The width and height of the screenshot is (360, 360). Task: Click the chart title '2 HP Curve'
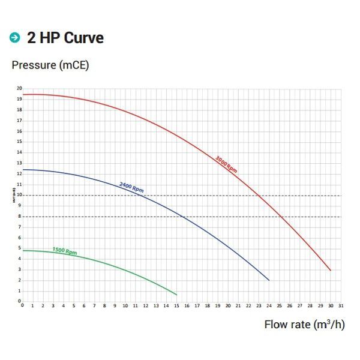click(x=65, y=38)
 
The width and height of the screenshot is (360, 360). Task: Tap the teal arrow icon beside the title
click(x=14, y=38)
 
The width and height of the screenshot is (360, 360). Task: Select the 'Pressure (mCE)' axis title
click(x=50, y=65)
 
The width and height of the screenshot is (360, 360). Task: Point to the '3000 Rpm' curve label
click(x=226, y=164)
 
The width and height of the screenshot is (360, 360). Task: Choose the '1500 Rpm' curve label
click(x=64, y=251)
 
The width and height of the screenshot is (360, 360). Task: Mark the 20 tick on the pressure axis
click(x=19, y=88)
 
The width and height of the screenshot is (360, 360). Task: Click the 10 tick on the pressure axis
click(x=19, y=195)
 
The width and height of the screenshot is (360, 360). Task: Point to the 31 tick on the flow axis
click(x=340, y=305)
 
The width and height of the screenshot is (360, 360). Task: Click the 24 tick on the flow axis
click(x=269, y=305)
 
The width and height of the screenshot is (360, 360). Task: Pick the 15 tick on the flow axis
click(x=176, y=305)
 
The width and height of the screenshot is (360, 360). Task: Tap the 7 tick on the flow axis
click(x=94, y=305)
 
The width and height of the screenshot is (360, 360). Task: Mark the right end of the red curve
click(x=330, y=271)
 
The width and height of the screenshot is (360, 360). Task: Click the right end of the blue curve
click(x=269, y=280)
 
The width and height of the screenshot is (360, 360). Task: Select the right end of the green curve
click(x=176, y=295)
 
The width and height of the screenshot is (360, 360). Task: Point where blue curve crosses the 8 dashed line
click(x=184, y=217)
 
